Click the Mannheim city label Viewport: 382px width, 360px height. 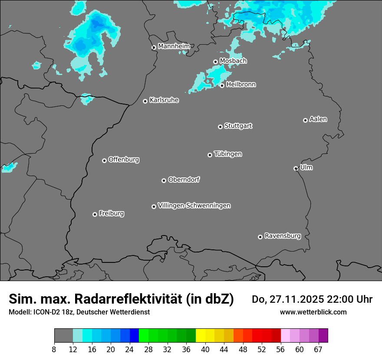[x=174, y=46]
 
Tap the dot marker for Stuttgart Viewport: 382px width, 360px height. [x=220, y=127]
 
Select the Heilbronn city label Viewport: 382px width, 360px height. [x=241, y=84]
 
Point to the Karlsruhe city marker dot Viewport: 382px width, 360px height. [x=145, y=101]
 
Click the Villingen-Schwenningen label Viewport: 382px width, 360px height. [x=194, y=206]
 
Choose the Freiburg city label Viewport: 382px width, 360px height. [x=111, y=213]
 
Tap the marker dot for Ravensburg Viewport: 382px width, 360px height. [x=260, y=237]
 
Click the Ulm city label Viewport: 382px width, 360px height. [x=306, y=167]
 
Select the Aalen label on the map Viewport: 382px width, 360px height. [x=318, y=119]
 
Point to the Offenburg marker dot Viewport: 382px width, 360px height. [x=104, y=160]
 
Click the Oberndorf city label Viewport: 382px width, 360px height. [x=184, y=180]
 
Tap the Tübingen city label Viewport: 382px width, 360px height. [x=228, y=154]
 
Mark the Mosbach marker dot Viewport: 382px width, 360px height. [x=215, y=62]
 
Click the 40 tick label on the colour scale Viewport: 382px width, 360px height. [x=205, y=350]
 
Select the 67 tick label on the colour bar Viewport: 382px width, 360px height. [x=318, y=350]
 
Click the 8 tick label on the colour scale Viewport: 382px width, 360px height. [x=54, y=350]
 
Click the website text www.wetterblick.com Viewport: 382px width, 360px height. [x=313, y=312]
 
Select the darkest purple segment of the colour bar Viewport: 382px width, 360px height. [x=323, y=336]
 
